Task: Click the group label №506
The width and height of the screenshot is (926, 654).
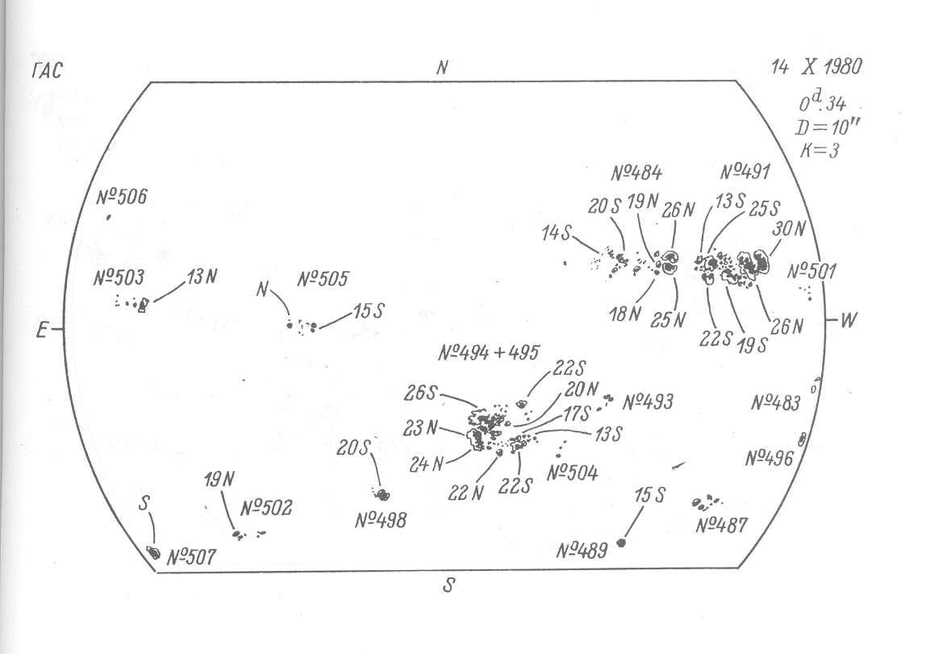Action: click(122, 197)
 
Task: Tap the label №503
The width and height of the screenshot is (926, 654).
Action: click(119, 278)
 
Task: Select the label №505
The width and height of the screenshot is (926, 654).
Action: click(323, 280)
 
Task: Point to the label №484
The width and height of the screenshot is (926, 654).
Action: click(636, 173)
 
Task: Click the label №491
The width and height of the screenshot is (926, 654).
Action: click(745, 172)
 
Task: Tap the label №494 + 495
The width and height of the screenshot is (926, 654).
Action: click(490, 353)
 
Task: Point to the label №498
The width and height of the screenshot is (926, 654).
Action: click(381, 520)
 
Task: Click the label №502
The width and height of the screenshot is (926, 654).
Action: click(266, 509)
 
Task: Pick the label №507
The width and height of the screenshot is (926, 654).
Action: click(191, 556)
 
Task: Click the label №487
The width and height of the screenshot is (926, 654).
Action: click(721, 527)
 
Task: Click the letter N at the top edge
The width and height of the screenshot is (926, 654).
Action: click(442, 69)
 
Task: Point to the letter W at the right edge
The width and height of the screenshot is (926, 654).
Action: click(849, 320)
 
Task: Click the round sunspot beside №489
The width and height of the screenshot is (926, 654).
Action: click(621, 543)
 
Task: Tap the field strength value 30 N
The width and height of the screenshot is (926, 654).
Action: click(789, 229)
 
